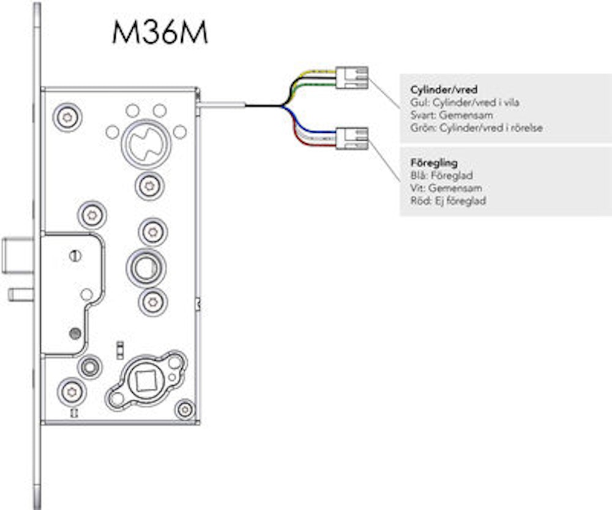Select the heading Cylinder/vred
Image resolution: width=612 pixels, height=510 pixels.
tap(444, 89)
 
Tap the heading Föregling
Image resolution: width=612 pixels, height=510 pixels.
tap(434, 162)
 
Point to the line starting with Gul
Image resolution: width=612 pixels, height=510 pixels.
tap(465, 102)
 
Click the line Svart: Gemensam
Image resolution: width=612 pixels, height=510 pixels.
tap(452, 115)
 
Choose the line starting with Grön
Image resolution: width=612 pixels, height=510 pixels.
tap(477, 128)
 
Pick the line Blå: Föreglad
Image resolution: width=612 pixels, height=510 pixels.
tap(441, 175)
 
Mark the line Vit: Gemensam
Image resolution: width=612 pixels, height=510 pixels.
tap(446, 188)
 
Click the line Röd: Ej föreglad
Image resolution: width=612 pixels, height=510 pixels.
tap(448, 201)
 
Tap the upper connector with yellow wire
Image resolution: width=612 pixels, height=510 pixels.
tap(352, 78)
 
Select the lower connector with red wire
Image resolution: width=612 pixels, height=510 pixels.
tap(352, 138)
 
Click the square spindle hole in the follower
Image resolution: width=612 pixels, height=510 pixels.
tap(145, 380)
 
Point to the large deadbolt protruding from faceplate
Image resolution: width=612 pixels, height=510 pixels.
tap(17, 256)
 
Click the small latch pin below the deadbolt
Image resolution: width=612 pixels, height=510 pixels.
tap(21, 294)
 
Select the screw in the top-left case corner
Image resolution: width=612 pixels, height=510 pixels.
tap(67, 117)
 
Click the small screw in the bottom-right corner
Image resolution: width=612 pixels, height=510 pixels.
tap(184, 409)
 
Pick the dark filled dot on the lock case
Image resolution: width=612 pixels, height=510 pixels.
tap(75, 334)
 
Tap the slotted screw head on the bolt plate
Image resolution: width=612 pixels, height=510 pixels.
tap(75, 256)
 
